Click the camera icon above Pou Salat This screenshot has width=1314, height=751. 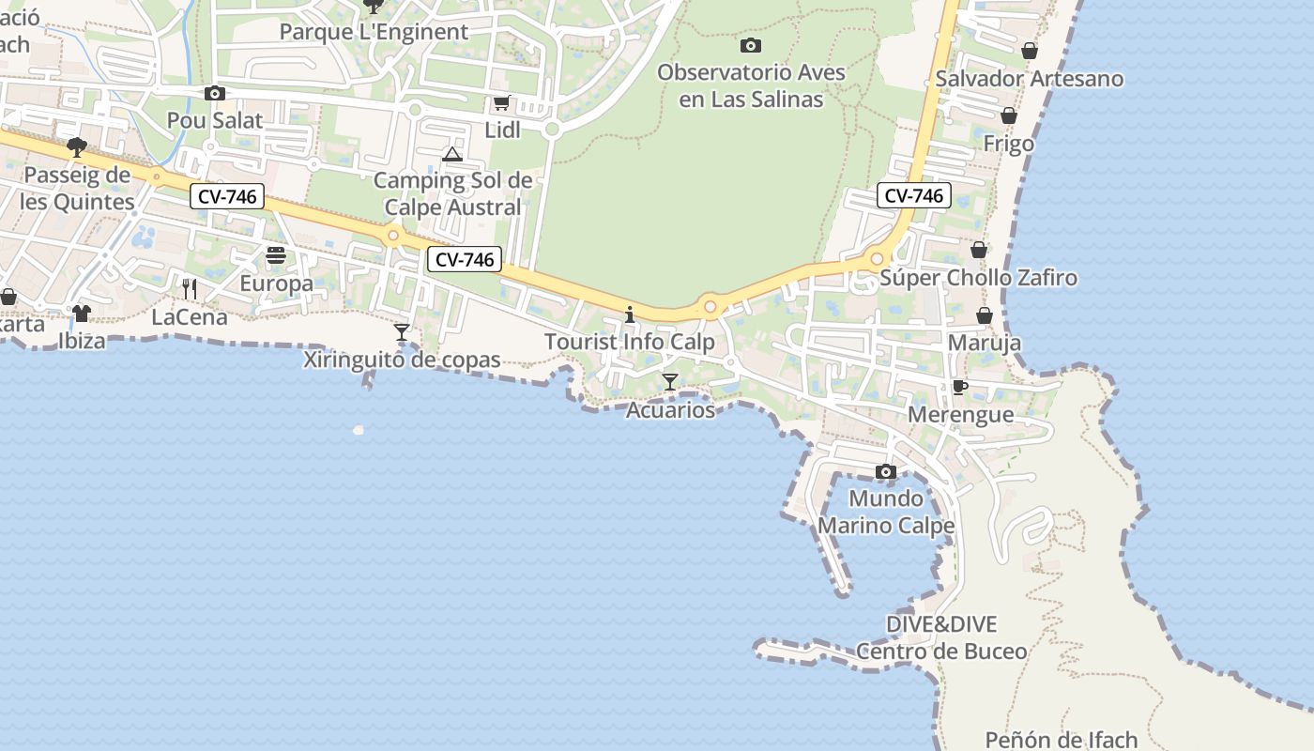pyautogui.click(x=215, y=93)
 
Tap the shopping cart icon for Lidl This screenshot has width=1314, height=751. pyautogui.click(x=502, y=103)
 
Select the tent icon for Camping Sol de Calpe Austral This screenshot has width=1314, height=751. pyautogui.click(x=452, y=154)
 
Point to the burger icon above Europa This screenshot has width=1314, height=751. pyautogui.click(x=275, y=255)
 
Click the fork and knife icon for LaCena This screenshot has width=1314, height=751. pyautogui.click(x=190, y=288)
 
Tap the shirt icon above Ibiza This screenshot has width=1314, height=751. pyautogui.click(x=82, y=313)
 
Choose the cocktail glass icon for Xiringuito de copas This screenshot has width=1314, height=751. pyautogui.click(x=402, y=331)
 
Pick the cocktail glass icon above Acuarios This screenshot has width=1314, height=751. pyautogui.click(x=670, y=382)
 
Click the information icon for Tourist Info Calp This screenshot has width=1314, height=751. pyautogui.click(x=630, y=314)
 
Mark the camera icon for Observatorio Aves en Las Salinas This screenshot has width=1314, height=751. pyautogui.click(x=751, y=45)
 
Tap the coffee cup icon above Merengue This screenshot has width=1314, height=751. pyautogui.click(x=959, y=387)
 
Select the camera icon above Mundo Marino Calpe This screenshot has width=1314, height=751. pyautogui.click(x=886, y=471)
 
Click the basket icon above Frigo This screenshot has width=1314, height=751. pyautogui.click(x=1009, y=115)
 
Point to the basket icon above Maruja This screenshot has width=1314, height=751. pyautogui.click(x=985, y=315)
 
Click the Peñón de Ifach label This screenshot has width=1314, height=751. pyautogui.click(x=1062, y=740)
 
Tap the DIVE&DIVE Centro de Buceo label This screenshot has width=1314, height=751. pyautogui.click(x=941, y=637)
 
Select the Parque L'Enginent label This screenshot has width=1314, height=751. pyautogui.click(x=374, y=32)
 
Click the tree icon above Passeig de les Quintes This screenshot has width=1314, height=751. pyautogui.click(x=77, y=146)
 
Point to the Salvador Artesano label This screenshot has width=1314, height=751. pyautogui.click(x=1030, y=79)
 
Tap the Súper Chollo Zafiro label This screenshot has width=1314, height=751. pyautogui.click(x=979, y=278)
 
